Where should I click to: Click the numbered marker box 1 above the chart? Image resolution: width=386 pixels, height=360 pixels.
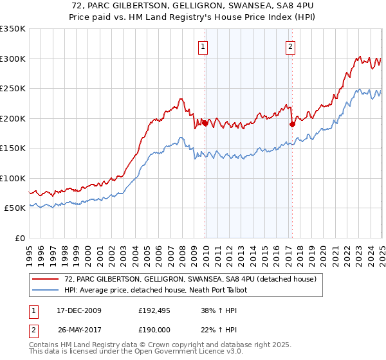203,46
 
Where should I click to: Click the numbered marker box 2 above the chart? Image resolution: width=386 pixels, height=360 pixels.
291,46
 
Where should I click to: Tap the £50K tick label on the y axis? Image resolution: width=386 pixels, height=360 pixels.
15,208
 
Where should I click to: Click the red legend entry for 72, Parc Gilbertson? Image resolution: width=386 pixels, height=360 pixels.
190,280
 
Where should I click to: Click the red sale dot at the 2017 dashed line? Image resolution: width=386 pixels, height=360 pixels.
292,124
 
